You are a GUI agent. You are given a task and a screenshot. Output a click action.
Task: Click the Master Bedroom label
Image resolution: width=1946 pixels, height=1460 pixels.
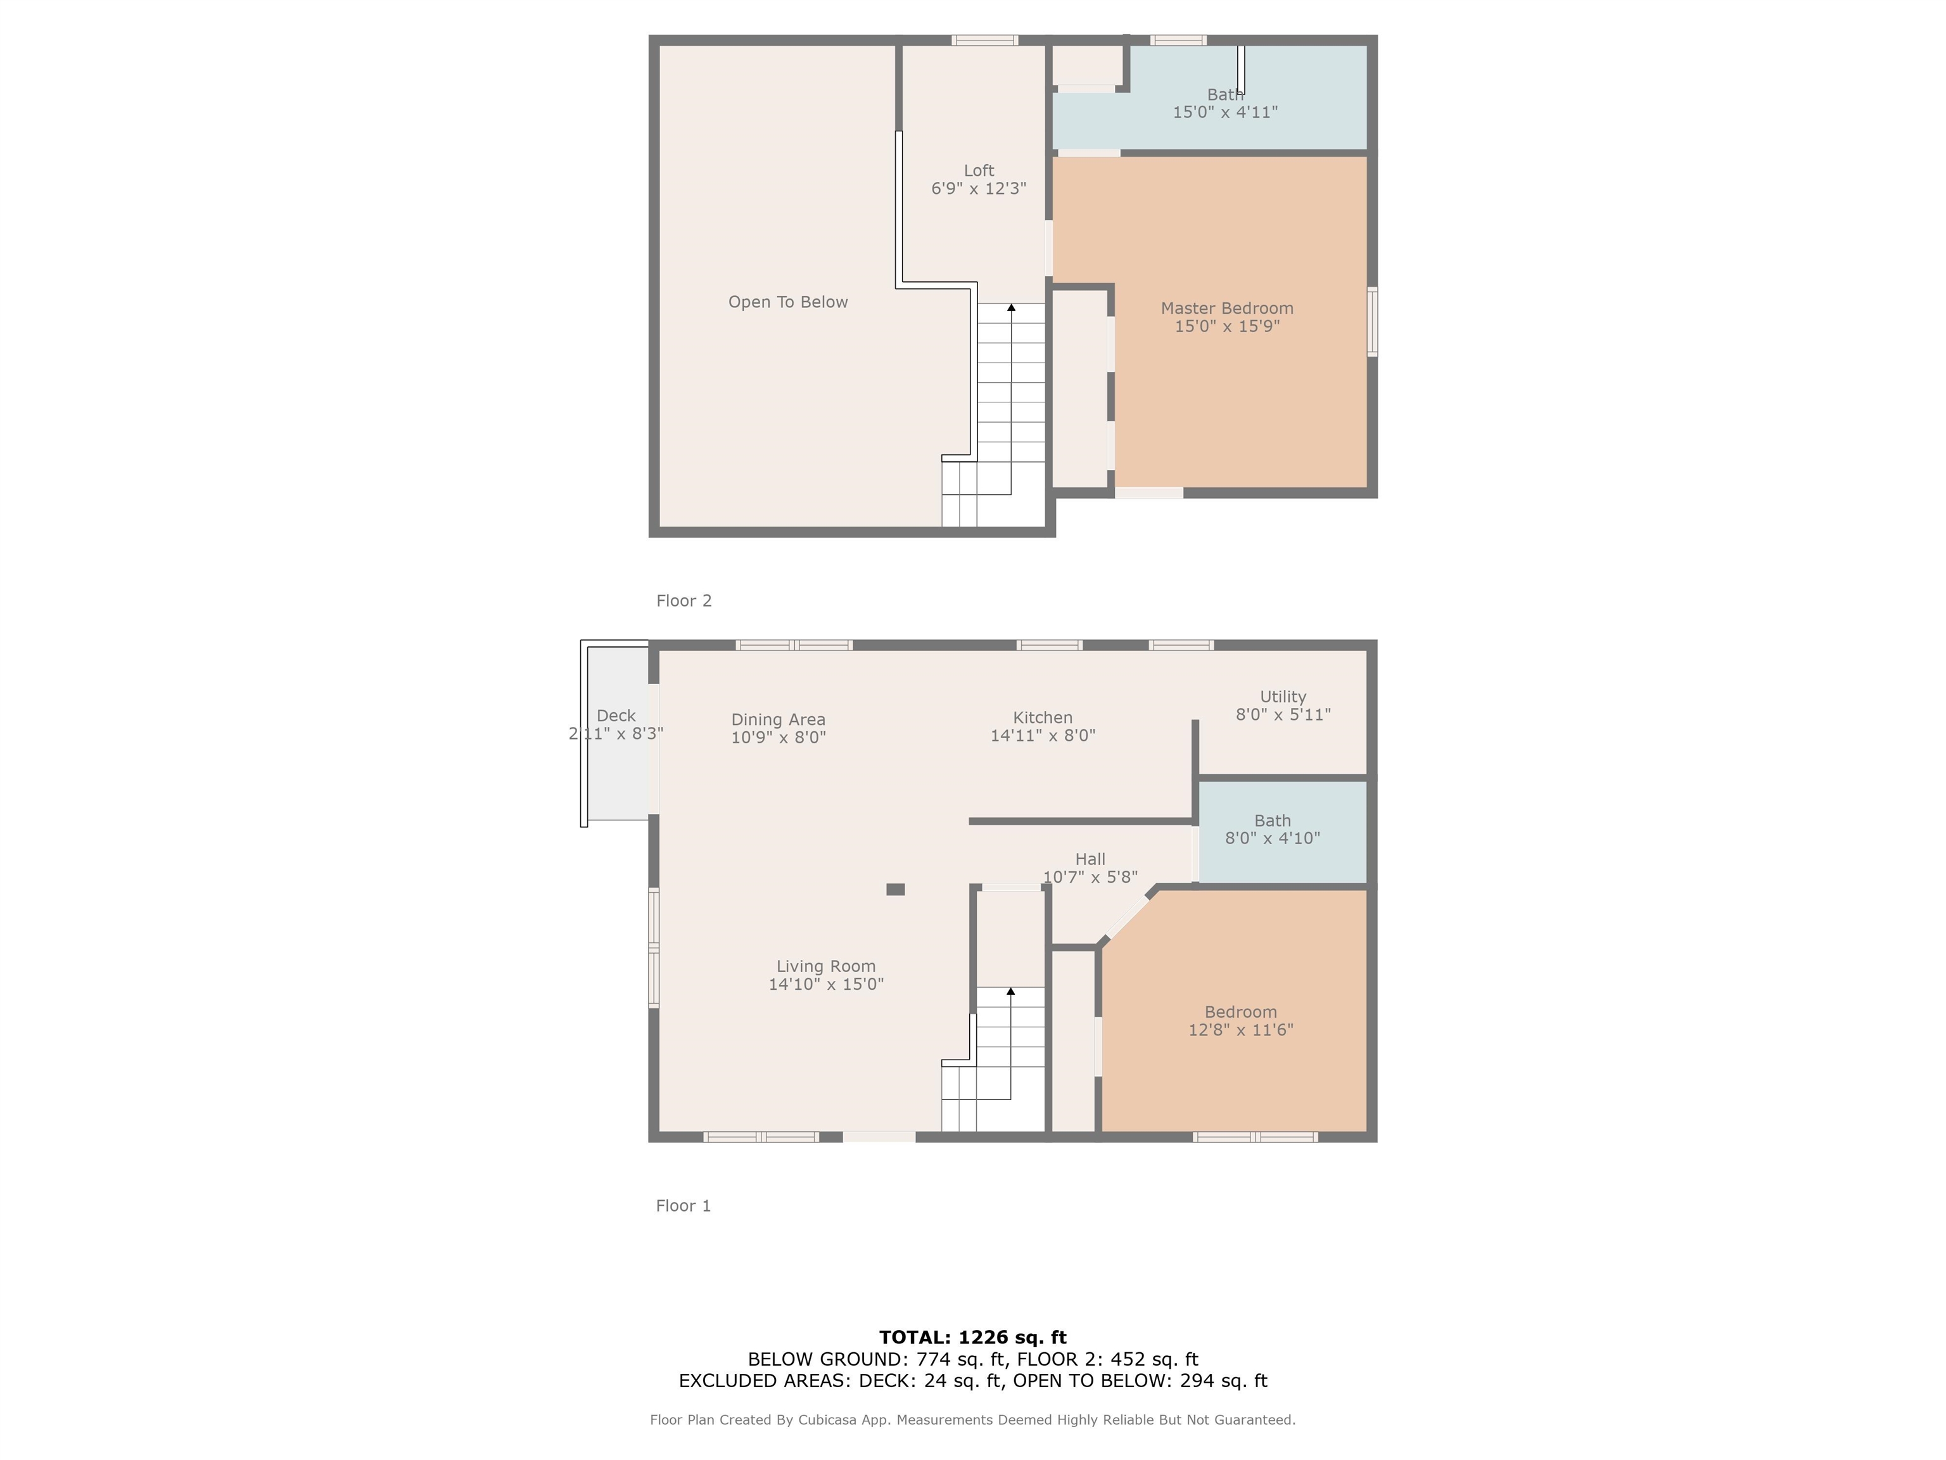pyautogui.click(x=1226, y=308)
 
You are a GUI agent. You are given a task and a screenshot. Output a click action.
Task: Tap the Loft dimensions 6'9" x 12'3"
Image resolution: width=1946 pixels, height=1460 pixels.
pyautogui.click(x=978, y=188)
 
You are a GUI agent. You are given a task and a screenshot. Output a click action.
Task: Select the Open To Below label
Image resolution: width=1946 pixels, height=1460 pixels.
pyautogui.click(x=787, y=302)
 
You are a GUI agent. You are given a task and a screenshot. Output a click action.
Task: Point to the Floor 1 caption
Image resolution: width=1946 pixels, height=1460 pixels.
pyautogui.click(x=683, y=1206)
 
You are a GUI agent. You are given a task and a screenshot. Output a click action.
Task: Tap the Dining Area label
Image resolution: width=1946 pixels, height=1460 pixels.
pyautogui.click(x=778, y=719)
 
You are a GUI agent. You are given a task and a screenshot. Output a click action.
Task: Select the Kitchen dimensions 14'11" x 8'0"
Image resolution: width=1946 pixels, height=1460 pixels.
pyautogui.click(x=1043, y=736)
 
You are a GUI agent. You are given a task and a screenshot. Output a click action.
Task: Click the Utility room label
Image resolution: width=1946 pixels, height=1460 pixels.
pyautogui.click(x=1283, y=696)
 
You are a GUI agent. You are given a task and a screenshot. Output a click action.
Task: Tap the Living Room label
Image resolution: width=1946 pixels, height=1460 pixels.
pyautogui.click(x=825, y=966)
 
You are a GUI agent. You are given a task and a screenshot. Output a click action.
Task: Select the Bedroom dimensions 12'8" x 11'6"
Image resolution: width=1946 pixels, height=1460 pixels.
pyautogui.click(x=1240, y=1030)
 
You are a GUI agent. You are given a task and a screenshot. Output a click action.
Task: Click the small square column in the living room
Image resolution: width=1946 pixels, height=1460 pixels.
pyautogui.click(x=896, y=890)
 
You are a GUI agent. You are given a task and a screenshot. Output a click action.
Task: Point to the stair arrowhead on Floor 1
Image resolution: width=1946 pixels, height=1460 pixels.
pyautogui.click(x=1011, y=991)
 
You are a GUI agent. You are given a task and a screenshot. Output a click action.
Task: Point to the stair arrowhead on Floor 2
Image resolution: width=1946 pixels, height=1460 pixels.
pyautogui.click(x=1011, y=307)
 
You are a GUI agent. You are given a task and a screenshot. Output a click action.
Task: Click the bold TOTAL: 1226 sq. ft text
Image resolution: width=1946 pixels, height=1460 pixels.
pyautogui.click(x=972, y=1338)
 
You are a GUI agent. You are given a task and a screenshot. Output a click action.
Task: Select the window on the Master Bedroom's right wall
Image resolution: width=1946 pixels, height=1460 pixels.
pyautogui.click(x=1371, y=321)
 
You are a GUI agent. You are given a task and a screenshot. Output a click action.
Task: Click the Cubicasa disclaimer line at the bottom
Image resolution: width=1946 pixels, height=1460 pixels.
pyautogui.click(x=972, y=1419)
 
